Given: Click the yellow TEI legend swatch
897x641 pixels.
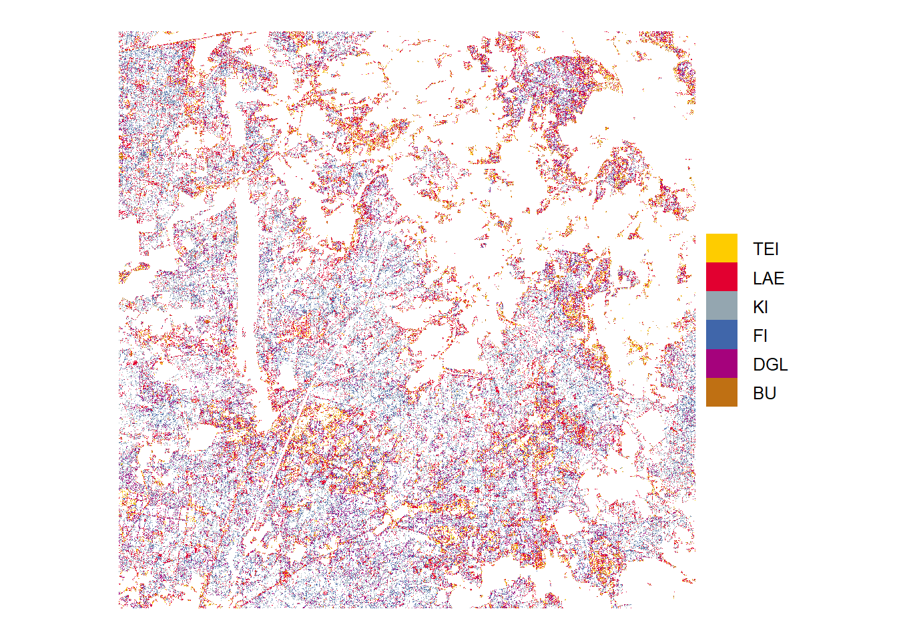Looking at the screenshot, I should [721, 248].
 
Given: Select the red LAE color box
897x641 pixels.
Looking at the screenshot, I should [721, 277].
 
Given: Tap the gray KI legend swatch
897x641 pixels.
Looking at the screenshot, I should [721, 306].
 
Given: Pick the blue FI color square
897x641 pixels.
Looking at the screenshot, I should [721, 335].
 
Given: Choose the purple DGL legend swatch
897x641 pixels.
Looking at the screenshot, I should [721, 364].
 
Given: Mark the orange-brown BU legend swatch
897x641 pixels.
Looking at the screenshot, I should [721, 393].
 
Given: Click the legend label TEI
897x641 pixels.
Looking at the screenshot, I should [766, 249].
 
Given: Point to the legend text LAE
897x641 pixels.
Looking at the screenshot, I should [768, 278].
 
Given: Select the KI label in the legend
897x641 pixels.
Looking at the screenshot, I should [760, 307].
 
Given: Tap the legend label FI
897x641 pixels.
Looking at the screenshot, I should [760, 336].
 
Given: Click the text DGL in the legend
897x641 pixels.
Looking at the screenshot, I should [770, 365].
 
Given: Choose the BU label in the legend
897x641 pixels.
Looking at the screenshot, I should [764, 393].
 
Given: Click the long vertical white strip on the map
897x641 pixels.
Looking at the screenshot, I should [248, 280].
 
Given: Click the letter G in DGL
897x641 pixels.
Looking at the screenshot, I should [771, 365].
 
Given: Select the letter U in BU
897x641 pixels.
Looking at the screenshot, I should [770, 393].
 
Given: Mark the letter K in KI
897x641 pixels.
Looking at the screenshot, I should [758, 307].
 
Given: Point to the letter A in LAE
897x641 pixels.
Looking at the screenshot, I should [768, 278].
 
